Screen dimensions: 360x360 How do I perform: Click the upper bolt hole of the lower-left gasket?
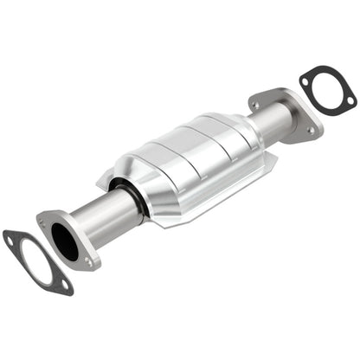pyautogui.click(x=11, y=236)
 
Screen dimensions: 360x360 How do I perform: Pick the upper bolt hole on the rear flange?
pyautogui.click(x=254, y=105)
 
